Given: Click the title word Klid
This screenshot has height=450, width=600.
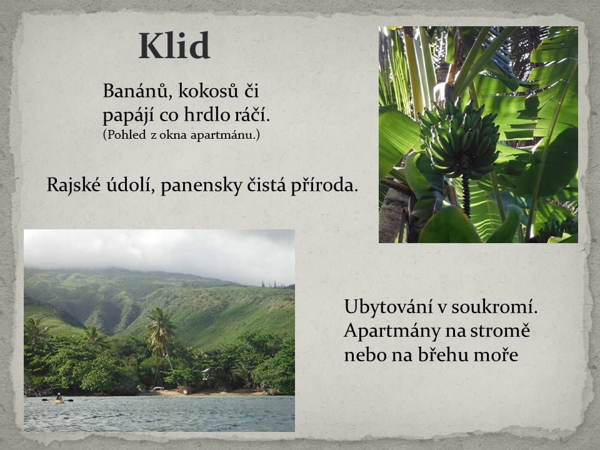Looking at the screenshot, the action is [x=174, y=46].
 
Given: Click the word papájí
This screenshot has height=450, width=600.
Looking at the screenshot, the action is [x=128, y=115].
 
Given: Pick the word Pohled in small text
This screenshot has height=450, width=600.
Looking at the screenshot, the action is [x=125, y=135].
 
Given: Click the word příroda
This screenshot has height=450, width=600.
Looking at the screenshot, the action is [x=324, y=185].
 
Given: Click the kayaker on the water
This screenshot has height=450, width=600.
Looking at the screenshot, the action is [x=58, y=399].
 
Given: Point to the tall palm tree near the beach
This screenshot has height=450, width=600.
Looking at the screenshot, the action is [x=161, y=337].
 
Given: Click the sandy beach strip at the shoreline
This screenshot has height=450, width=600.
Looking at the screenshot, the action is [x=207, y=392].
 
